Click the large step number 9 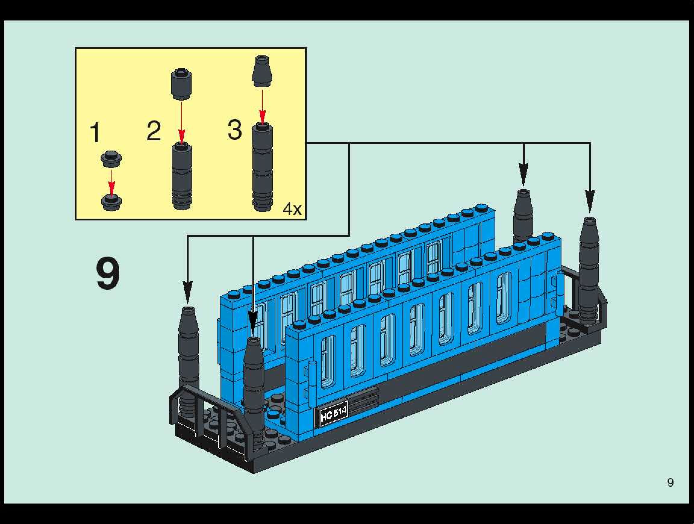[108, 273]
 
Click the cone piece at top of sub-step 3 [262, 71]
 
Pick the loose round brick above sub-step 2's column [181, 84]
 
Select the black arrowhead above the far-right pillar [589, 201]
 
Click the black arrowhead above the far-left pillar [187, 292]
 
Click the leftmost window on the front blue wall [328, 360]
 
